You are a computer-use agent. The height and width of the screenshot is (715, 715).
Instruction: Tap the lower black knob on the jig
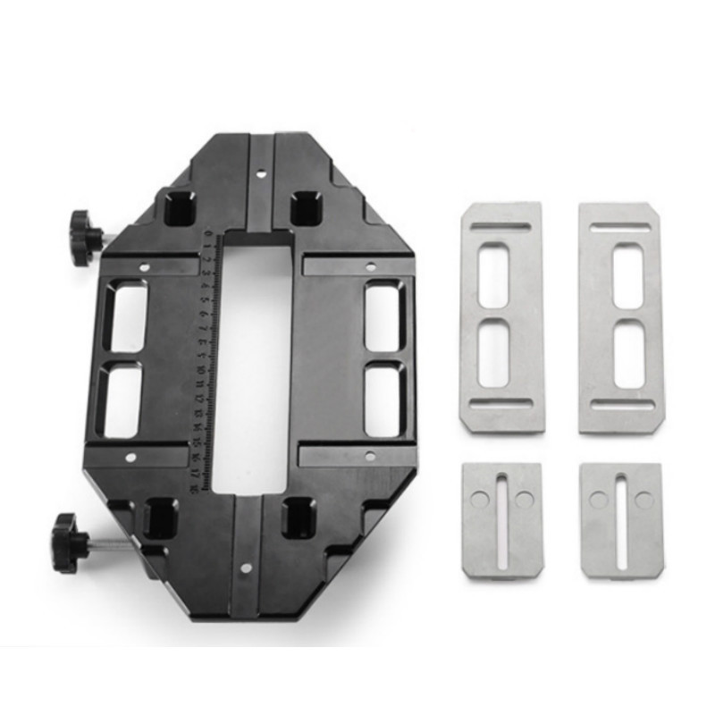[68, 536]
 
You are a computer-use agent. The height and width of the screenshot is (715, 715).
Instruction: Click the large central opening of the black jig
[253, 357]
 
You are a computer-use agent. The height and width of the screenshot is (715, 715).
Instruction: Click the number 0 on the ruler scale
[207, 237]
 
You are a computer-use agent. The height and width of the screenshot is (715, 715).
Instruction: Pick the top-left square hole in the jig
[180, 207]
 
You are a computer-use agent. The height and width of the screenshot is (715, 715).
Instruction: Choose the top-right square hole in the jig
[307, 207]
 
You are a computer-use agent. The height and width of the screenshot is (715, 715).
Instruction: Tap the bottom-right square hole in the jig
[299, 517]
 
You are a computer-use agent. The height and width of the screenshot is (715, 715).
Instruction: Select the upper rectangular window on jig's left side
[127, 318]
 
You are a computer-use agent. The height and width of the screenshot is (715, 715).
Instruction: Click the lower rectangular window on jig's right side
[384, 401]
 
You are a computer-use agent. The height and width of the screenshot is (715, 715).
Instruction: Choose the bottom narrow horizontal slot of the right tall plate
[621, 405]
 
